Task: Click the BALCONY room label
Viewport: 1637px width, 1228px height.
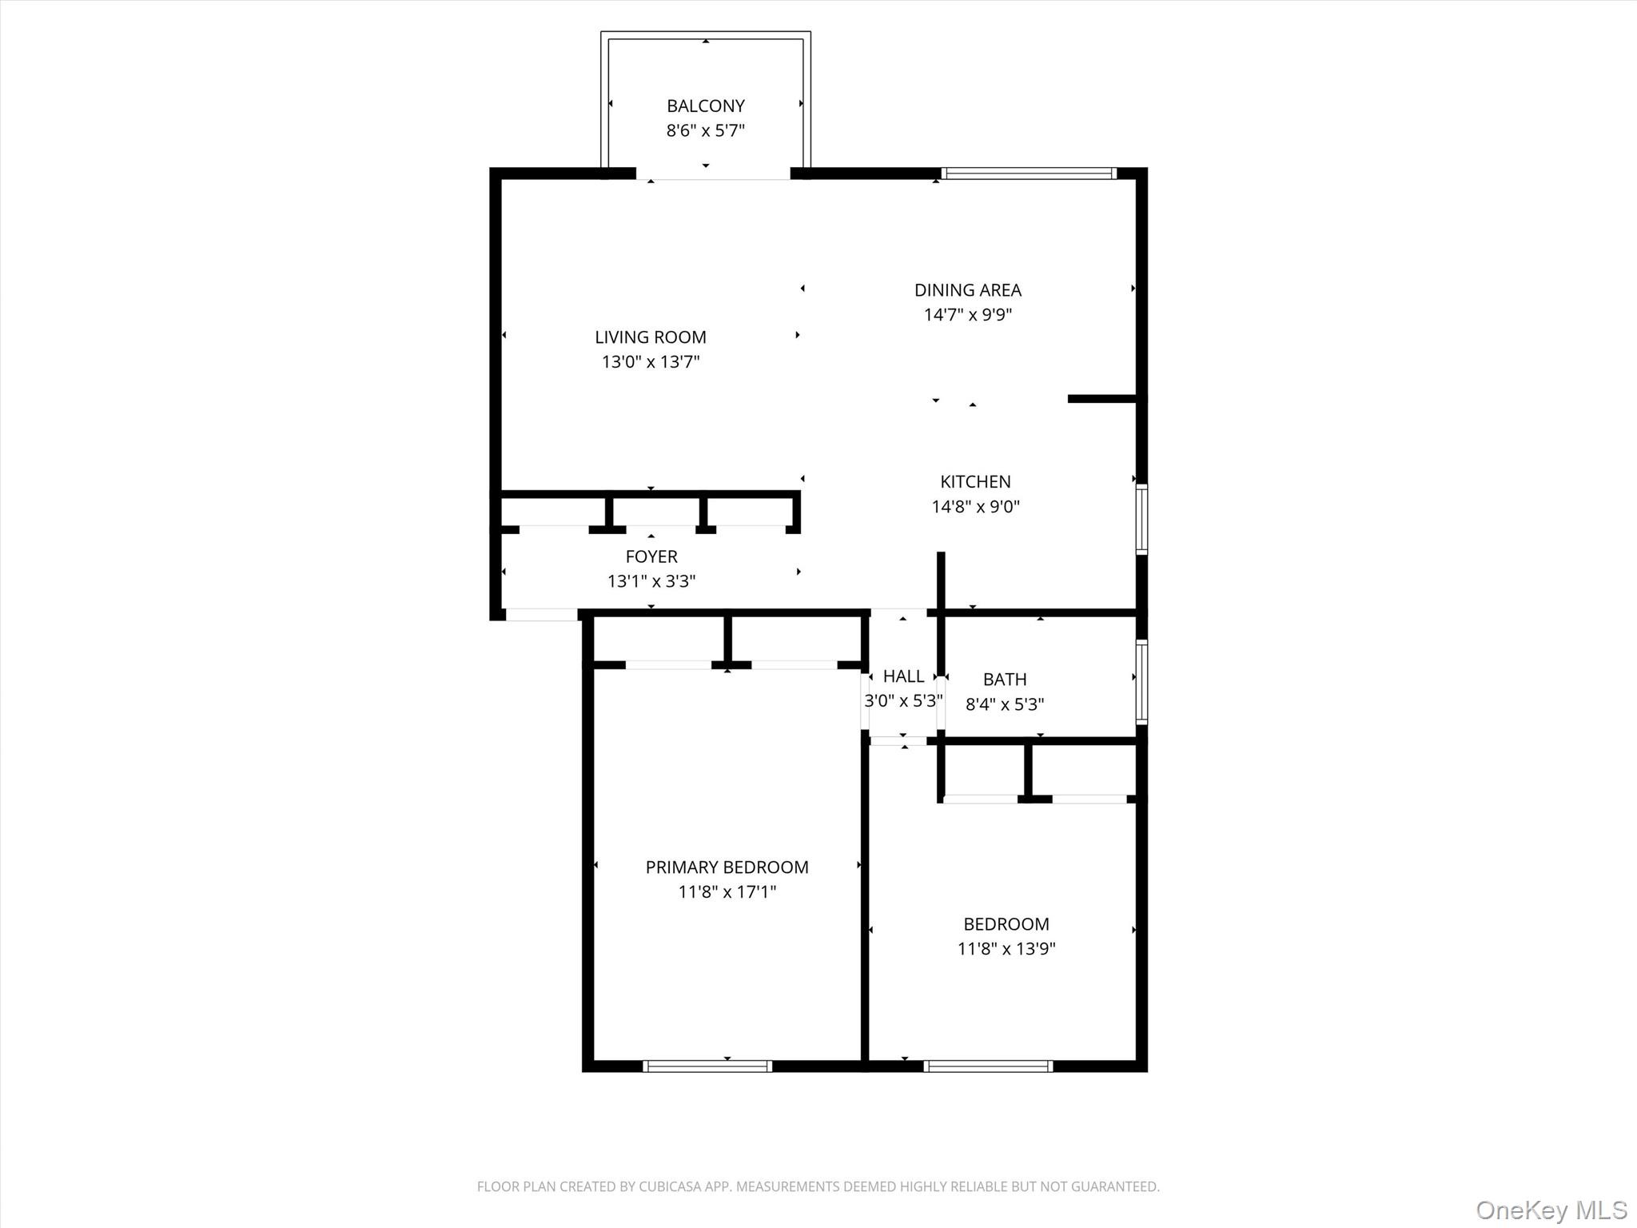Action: click(x=705, y=106)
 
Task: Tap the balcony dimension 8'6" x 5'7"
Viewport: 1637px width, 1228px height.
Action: click(x=705, y=130)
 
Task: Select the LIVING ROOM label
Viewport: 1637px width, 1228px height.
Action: click(x=650, y=337)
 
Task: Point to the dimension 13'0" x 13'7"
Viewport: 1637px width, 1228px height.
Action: click(x=650, y=362)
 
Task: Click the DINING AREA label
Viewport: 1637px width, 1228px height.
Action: click(x=967, y=290)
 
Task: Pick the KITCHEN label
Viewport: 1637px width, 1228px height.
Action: click(x=974, y=481)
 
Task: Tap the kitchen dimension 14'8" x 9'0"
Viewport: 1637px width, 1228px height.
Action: click(x=974, y=506)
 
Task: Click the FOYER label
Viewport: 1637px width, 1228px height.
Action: click(x=651, y=556)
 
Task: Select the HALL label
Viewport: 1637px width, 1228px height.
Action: click(x=903, y=676)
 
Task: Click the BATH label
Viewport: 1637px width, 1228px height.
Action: click(x=1004, y=680)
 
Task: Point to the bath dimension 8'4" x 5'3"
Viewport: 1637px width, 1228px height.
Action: click(x=1004, y=704)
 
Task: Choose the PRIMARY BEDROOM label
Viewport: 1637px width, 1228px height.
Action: click(x=727, y=867)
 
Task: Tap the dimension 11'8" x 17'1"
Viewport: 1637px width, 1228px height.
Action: click(x=727, y=892)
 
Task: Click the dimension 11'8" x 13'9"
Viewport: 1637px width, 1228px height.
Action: click(x=1006, y=949)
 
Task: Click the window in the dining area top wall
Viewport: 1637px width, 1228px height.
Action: click(x=1028, y=173)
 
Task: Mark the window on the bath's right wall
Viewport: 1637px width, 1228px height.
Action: click(x=1141, y=681)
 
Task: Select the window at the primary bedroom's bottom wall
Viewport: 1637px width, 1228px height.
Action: click(x=707, y=1066)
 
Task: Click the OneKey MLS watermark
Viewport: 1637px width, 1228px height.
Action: click(x=1551, y=1210)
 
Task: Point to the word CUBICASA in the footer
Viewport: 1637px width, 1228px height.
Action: click(x=670, y=1186)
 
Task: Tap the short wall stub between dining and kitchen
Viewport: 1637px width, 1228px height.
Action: click(x=1101, y=398)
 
